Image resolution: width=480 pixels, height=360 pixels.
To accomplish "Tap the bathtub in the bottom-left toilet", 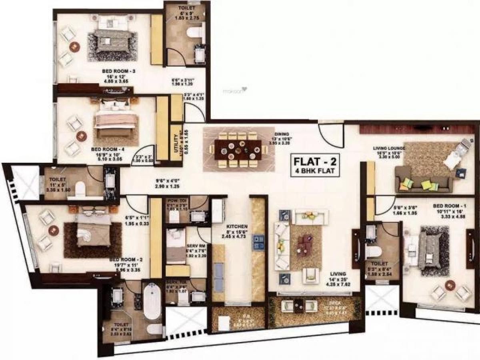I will tap(152, 302).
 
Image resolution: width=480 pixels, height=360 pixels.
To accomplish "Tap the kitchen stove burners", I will tap(258, 242).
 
